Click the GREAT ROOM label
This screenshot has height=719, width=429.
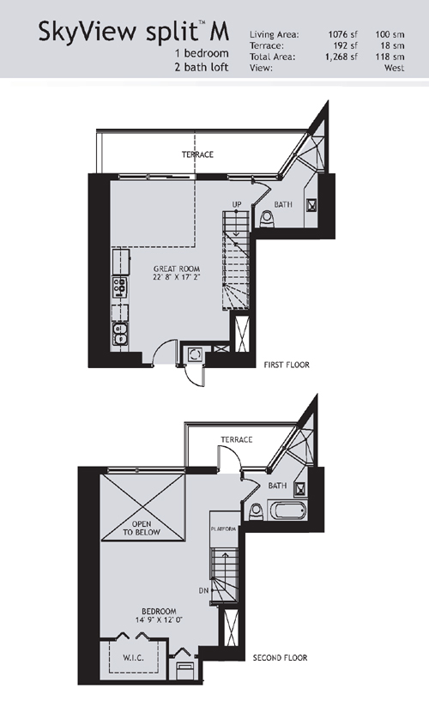point(177,269)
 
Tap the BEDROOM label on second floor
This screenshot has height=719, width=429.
point(159,611)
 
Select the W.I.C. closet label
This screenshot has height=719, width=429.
point(133,657)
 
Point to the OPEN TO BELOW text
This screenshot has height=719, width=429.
point(142,528)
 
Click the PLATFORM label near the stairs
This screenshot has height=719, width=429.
point(224,529)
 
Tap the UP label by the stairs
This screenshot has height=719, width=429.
point(237,204)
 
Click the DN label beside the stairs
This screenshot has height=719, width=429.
point(203,591)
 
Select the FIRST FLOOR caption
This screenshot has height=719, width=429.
point(287,365)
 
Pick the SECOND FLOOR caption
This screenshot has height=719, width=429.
point(280,657)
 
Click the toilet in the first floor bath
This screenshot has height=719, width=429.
point(267,219)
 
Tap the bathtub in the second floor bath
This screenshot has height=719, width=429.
point(287,511)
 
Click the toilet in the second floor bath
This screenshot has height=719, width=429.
point(256,511)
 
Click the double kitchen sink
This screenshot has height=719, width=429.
point(120,334)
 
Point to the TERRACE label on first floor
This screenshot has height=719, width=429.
point(197,154)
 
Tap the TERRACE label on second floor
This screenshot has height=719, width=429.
point(237,440)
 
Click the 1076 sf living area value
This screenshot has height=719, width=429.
point(343,34)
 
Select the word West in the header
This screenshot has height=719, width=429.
point(394,68)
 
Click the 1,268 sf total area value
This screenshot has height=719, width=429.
point(341,57)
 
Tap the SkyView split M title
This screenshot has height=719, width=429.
point(134,32)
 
